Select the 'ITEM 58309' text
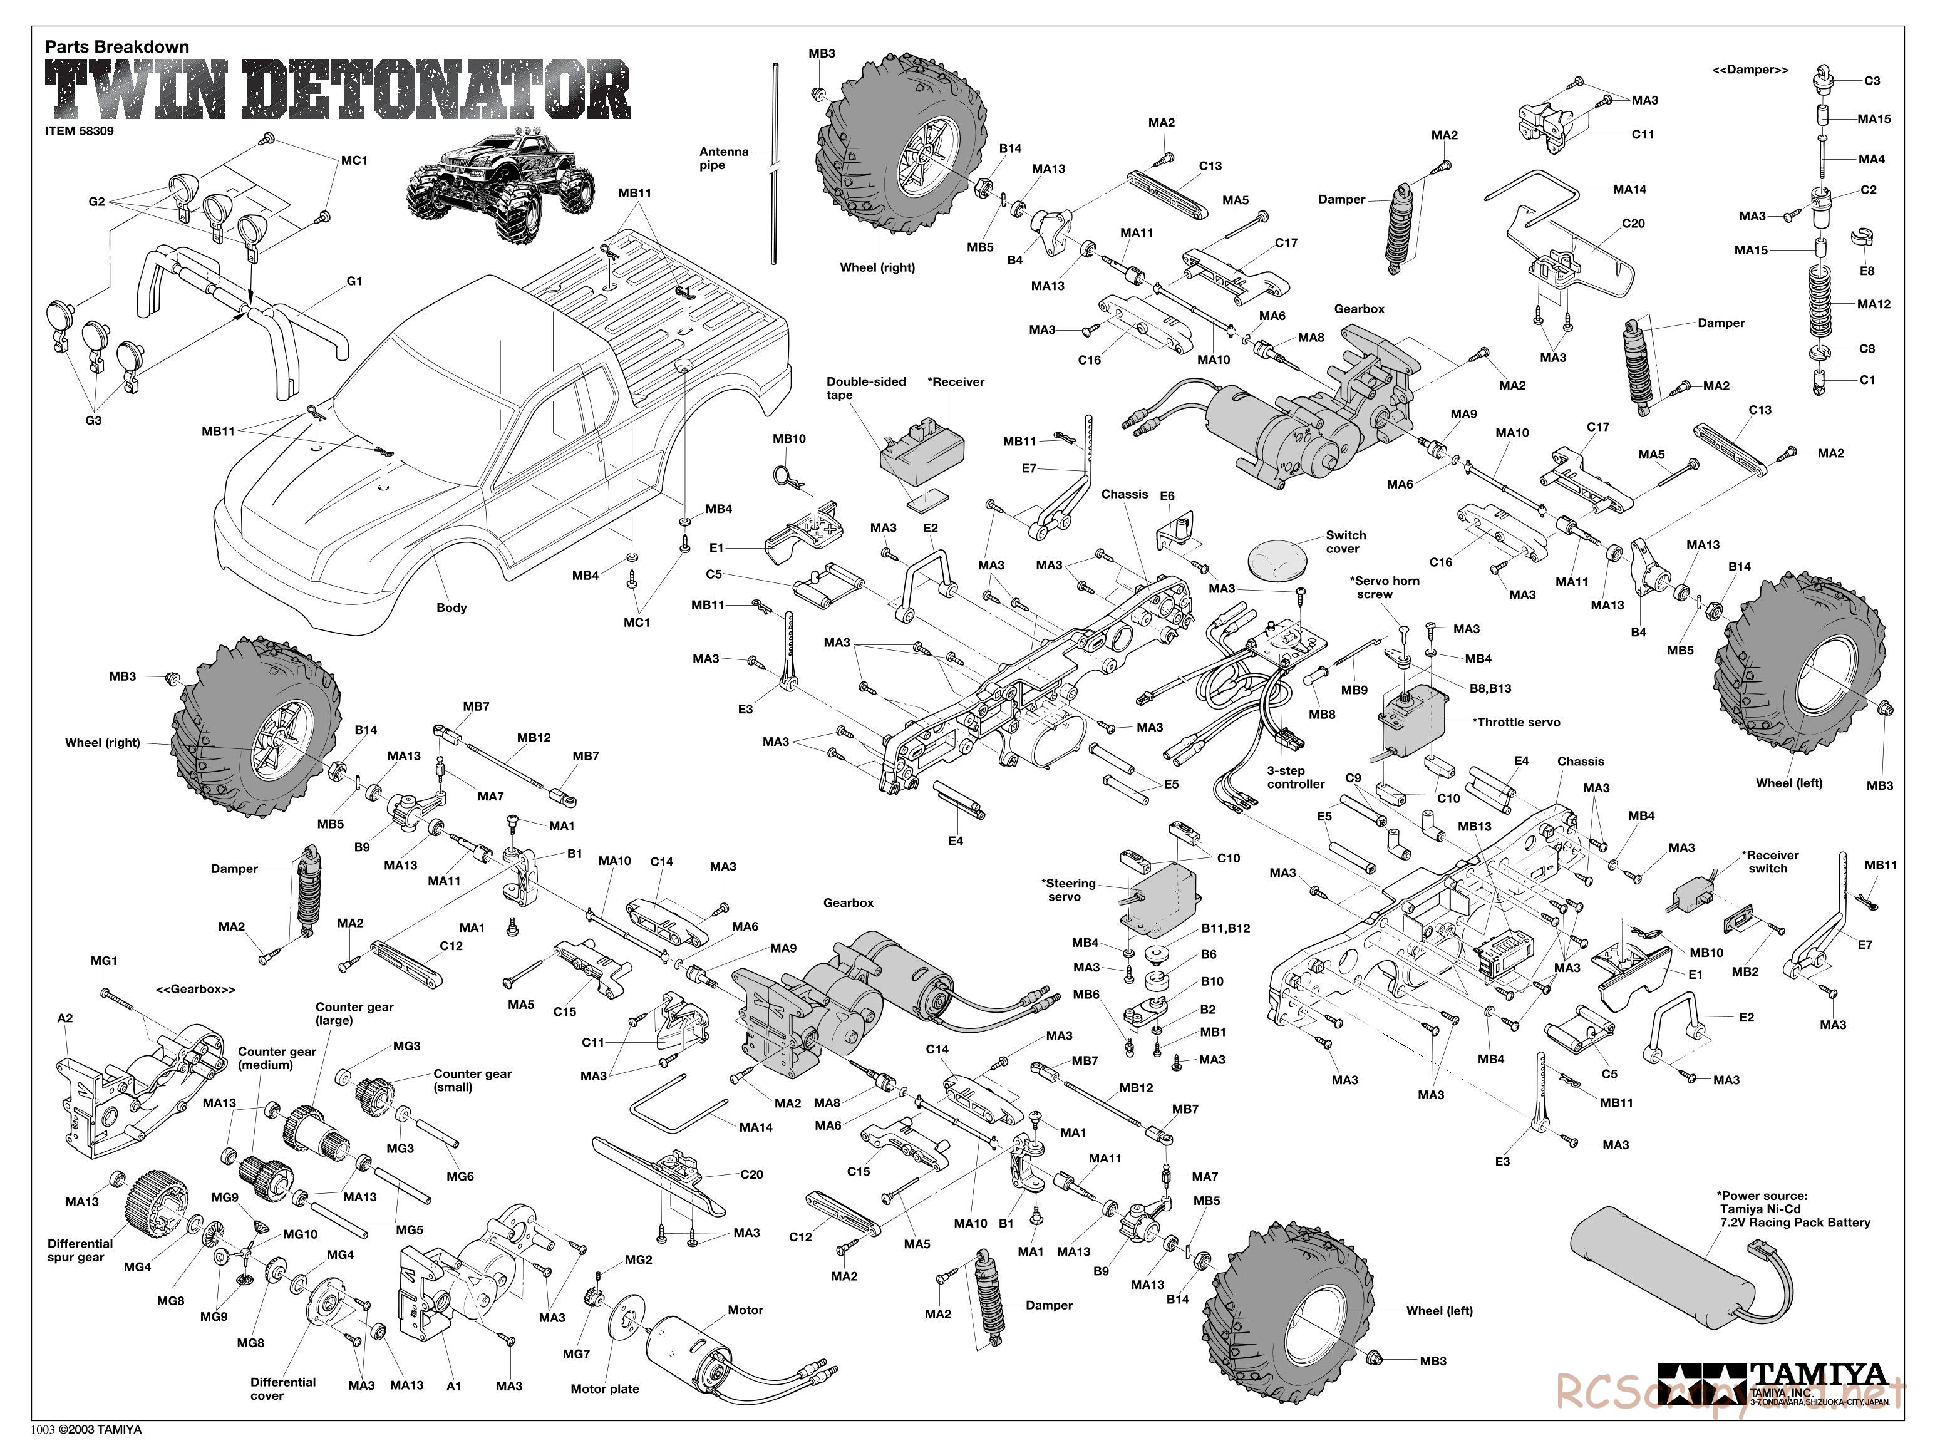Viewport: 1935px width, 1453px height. (x=79, y=132)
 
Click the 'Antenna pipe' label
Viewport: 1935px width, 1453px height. (x=723, y=158)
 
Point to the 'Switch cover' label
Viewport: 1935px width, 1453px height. (x=1344, y=542)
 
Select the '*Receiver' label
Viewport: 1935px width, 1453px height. (x=956, y=381)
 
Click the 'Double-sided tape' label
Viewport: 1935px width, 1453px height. (x=865, y=388)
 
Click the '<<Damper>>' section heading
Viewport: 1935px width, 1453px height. (x=1750, y=70)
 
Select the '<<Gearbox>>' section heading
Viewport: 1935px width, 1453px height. (x=195, y=990)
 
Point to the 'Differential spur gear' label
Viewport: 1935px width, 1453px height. (x=81, y=1250)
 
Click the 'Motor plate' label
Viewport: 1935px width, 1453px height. (x=604, y=1388)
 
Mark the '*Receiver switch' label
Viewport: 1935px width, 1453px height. (x=1770, y=862)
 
